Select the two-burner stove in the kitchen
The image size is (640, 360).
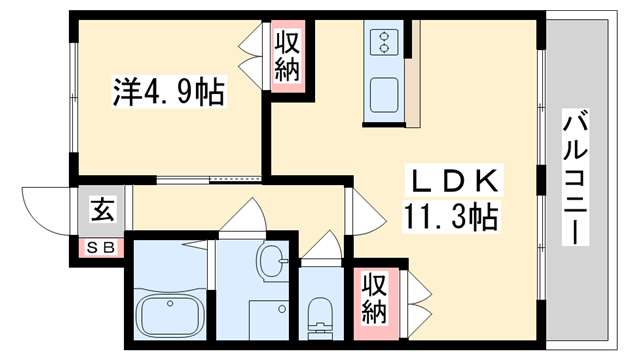pos(383,42)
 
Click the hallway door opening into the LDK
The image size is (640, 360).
pos(362,209)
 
